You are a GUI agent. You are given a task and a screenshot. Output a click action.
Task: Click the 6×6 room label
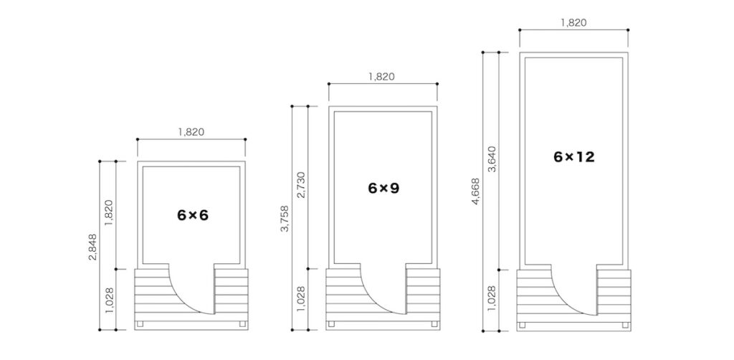tap(193, 215)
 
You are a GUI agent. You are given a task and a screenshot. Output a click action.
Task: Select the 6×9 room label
tap(383, 188)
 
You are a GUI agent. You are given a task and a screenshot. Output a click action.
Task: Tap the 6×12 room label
tap(574, 157)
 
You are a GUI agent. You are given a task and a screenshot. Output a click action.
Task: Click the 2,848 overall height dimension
tap(92, 247)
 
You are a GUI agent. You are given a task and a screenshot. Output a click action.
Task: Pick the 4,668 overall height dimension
tap(476, 191)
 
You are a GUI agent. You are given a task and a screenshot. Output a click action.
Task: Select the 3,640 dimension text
tap(492, 159)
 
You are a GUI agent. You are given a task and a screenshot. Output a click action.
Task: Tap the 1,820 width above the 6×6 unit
tap(191, 132)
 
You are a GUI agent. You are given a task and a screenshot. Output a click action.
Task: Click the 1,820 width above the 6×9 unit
tap(382, 77)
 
